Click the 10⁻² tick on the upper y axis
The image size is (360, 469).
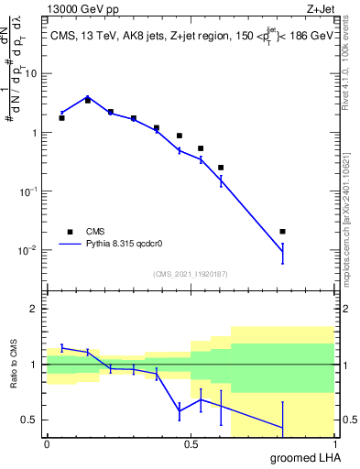click(30, 249)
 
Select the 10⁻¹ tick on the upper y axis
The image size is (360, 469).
click(30, 191)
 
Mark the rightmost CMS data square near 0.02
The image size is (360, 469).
click(283, 232)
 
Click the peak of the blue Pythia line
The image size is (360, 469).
click(87, 96)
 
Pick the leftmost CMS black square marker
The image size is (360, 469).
click(61, 118)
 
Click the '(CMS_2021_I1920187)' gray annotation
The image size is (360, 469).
click(190, 274)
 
